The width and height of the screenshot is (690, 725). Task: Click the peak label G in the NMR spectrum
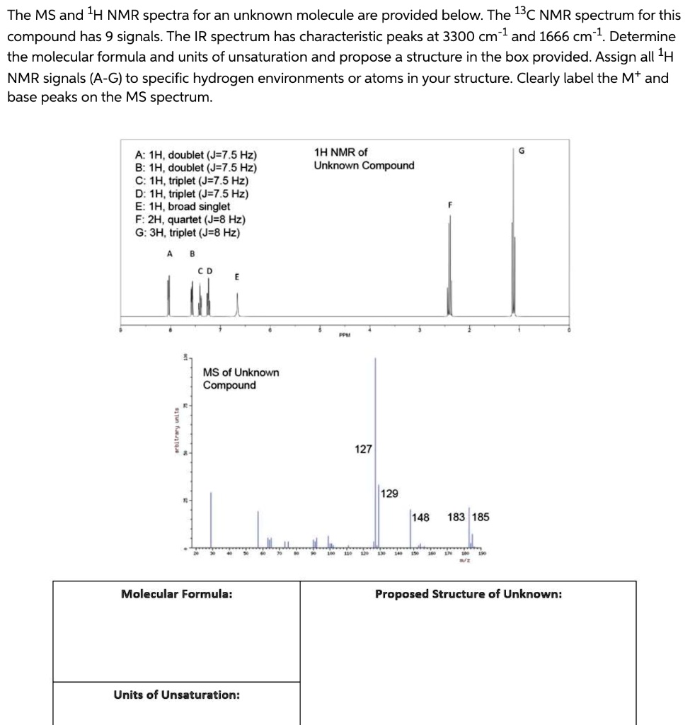click(522, 149)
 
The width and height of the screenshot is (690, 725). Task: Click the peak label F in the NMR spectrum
click(449, 205)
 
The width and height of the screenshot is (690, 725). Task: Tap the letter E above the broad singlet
click(236, 278)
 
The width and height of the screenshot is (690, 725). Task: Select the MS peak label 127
click(363, 449)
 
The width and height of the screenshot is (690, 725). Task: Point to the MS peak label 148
click(420, 517)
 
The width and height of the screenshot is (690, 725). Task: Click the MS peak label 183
click(456, 517)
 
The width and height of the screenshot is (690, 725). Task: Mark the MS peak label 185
click(480, 517)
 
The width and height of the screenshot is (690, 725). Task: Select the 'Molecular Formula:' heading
click(176, 594)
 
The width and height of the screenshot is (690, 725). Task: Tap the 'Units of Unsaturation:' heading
click(176, 695)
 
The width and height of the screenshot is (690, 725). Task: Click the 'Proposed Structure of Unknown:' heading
click(468, 594)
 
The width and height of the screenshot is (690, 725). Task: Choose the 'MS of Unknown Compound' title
click(241, 379)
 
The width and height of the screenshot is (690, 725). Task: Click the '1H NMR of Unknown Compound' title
click(364, 159)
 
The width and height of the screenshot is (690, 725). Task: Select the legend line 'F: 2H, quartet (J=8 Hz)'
click(190, 219)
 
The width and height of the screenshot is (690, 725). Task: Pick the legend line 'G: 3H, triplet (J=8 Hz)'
click(187, 232)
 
